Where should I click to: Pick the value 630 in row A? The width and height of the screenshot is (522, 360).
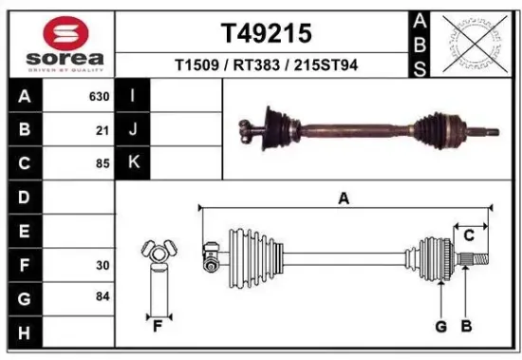coord(99,97)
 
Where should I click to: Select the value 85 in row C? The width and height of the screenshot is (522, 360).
coord(103,163)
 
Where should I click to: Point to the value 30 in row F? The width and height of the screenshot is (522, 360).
coord(103,266)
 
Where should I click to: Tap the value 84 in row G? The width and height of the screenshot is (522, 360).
coord(103,298)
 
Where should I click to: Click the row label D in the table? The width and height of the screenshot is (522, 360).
coord(24,198)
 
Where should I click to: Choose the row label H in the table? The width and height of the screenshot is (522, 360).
coord(24,332)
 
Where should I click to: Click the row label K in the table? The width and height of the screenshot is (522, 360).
coord(134,163)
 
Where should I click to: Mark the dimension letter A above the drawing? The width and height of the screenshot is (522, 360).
coord(344,199)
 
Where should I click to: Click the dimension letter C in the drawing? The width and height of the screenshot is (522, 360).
coord(469,237)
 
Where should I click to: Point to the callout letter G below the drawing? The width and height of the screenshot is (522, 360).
coord(440,328)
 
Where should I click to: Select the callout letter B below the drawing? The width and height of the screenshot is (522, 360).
coord(466,328)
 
